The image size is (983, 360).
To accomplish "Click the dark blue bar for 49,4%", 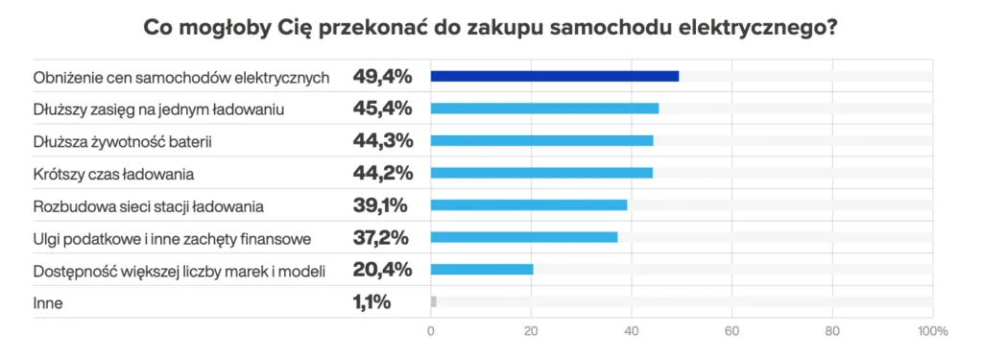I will pos(555,76).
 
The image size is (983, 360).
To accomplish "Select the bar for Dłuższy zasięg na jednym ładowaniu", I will pos(544,108).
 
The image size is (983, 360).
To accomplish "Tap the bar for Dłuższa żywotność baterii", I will pos(541,140).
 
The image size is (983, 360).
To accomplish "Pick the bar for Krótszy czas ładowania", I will pos(541,173).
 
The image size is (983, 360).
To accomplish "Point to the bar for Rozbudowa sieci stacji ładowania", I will pos(529,204).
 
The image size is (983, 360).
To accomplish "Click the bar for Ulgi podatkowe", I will pos(524,237).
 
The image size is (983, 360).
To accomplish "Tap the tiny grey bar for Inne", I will pos(434,301).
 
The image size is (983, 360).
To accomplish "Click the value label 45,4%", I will pos(383,108).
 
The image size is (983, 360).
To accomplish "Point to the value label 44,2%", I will pos(383,173).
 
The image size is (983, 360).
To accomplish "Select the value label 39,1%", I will pos(381,204).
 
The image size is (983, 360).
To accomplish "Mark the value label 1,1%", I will pos(372,302).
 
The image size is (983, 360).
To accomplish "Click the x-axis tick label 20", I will pos(531,331).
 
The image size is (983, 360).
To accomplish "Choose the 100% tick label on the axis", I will pos(932,331).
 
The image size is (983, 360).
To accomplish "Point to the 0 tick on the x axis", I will pos(431,331).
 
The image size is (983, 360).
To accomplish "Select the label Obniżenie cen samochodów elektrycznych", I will pos(181,77).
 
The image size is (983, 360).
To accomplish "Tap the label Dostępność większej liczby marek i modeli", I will pos(180,271).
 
